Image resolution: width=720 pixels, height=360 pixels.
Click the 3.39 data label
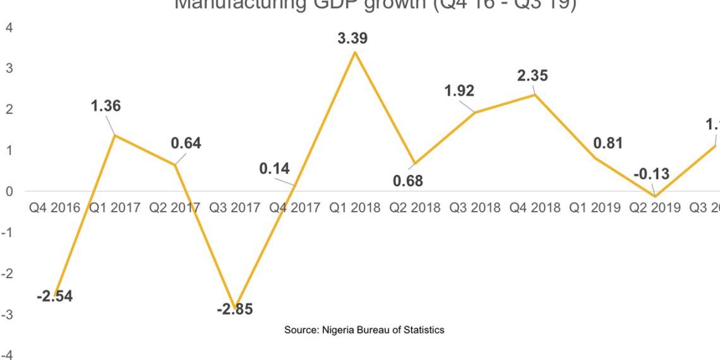[352, 39]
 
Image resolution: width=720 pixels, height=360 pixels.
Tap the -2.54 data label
[54, 296]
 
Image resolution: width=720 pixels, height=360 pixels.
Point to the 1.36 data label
[105, 106]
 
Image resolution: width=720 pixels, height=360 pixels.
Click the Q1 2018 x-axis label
[355, 207]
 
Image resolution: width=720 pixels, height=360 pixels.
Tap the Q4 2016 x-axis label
[54, 207]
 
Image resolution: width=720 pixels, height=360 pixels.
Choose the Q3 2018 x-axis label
[475, 207]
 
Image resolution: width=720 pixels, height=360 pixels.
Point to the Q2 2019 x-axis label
[655, 207]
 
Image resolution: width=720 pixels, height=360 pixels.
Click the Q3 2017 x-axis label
[235, 207]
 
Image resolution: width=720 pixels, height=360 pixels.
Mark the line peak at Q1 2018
[355, 52]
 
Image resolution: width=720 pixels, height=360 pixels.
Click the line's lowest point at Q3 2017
[236, 308]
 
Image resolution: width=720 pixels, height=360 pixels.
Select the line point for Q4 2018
[535, 94]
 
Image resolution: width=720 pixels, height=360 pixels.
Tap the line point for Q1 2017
[114, 135]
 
